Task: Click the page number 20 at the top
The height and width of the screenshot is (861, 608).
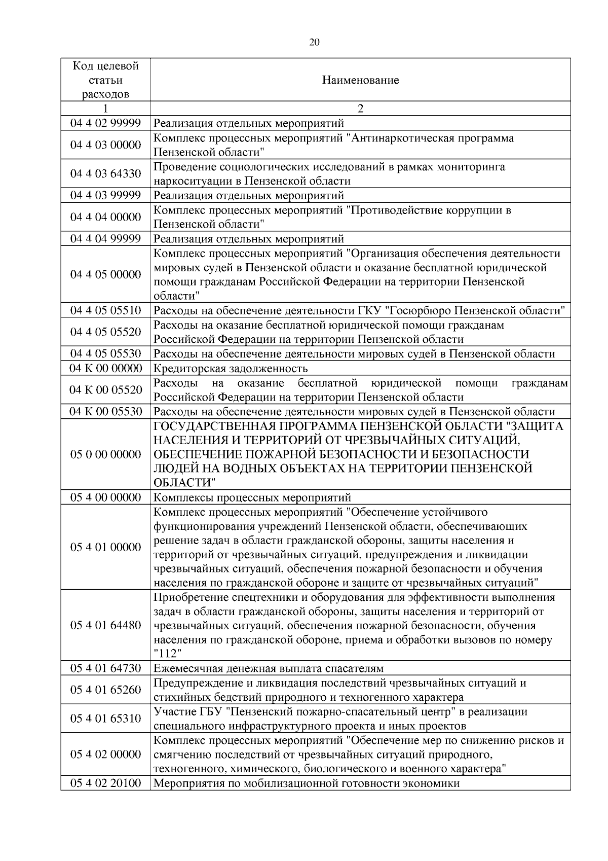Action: click(x=314, y=43)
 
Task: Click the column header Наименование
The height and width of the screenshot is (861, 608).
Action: click(x=360, y=80)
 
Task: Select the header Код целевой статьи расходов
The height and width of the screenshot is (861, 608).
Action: click(x=105, y=80)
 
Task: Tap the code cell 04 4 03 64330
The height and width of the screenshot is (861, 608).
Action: click(x=105, y=174)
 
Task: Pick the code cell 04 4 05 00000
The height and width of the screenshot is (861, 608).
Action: click(x=105, y=274)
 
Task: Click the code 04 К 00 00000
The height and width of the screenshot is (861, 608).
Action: click(x=105, y=368)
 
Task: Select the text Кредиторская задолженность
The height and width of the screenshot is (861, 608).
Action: click(x=231, y=368)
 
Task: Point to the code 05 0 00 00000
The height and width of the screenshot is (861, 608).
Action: click(x=105, y=454)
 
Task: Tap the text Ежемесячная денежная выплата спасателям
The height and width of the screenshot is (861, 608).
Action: click(x=268, y=668)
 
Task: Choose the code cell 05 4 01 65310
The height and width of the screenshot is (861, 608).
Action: click(x=105, y=719)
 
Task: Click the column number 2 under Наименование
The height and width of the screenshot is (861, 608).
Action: click(x=360, y=109)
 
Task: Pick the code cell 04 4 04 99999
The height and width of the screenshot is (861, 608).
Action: click(x=105, y=239)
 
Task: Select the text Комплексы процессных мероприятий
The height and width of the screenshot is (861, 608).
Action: click(x=252, y=497)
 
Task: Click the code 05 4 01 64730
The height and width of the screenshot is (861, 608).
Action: click(x=105, y=668)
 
